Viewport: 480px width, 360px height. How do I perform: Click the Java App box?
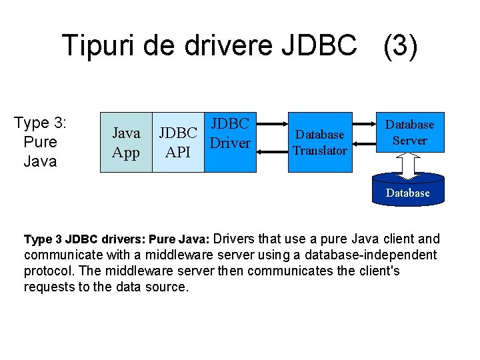[126, 143]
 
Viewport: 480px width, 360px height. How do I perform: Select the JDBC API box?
[178, 143]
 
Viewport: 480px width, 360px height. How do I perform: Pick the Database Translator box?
[320, 143]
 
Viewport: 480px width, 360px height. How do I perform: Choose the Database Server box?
[410, 132]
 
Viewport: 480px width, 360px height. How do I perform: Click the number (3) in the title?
[400, 46]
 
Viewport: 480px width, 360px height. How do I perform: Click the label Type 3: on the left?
[41, 123]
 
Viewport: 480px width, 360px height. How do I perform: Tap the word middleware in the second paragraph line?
[178, 255]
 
